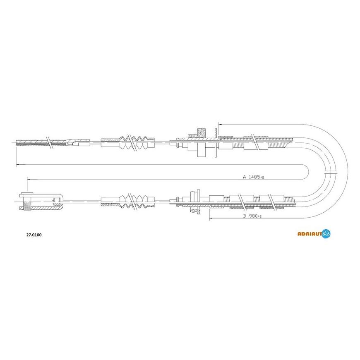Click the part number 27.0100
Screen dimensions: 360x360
[x=34, y=235]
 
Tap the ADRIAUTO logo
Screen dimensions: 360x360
[x=314, y=234]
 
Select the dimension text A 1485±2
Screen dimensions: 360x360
[x=254, y=177]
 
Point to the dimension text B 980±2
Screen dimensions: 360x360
[x=252, y=216]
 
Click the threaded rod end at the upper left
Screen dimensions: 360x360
[x=41, y=143]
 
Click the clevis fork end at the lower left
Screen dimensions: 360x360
[x=41, y=202]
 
